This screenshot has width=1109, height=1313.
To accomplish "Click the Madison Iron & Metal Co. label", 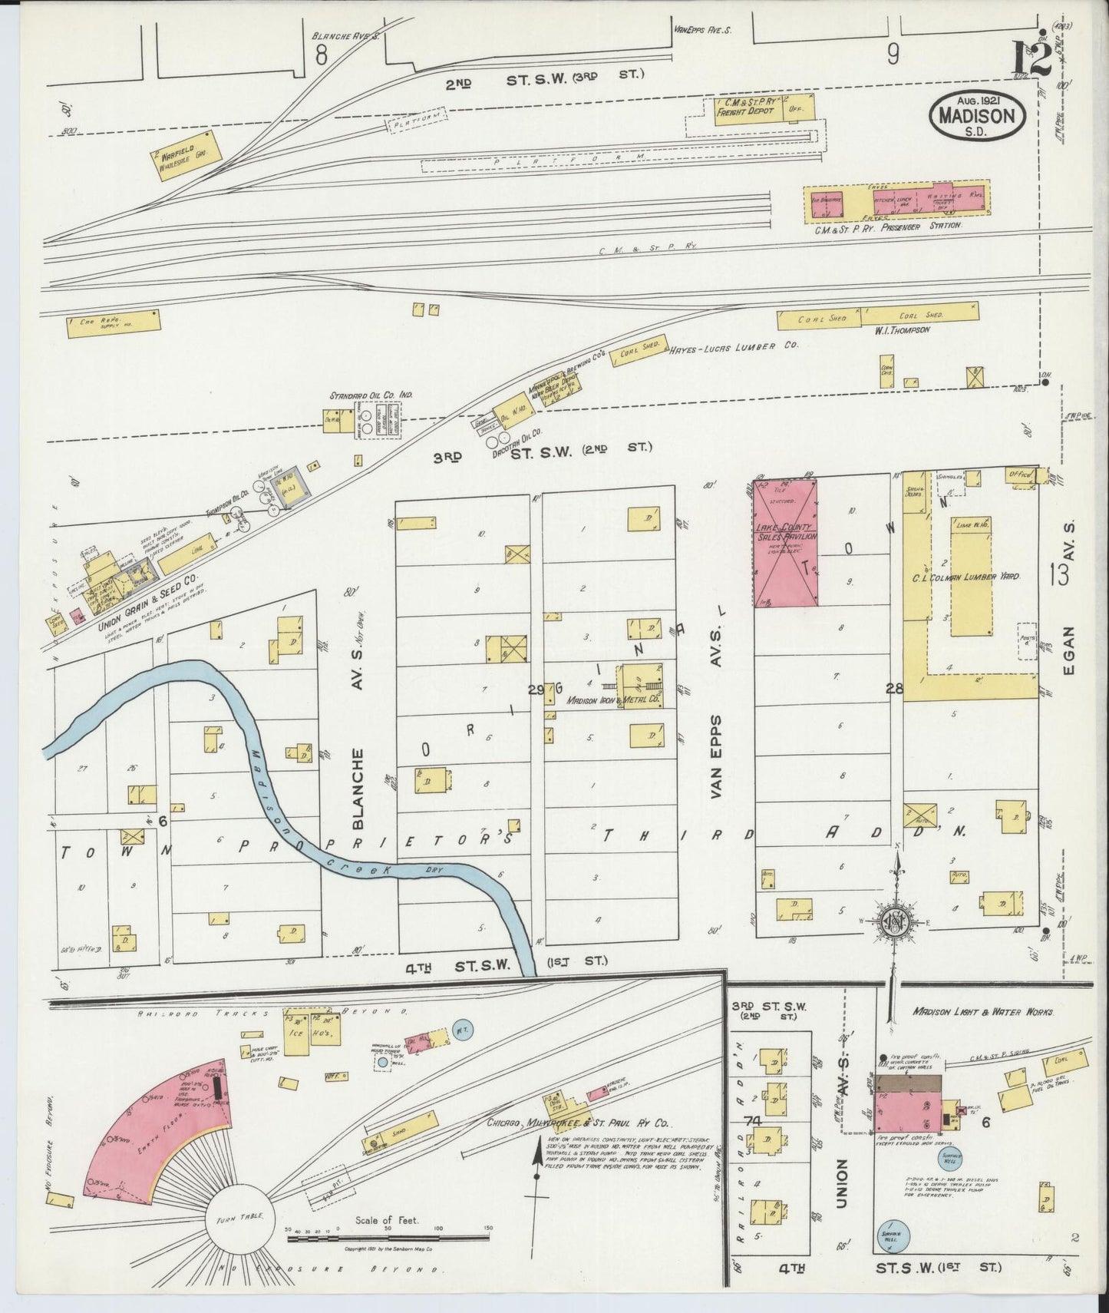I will [x=614, y=700].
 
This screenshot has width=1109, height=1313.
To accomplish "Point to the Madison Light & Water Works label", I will [x=983, y=1012].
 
